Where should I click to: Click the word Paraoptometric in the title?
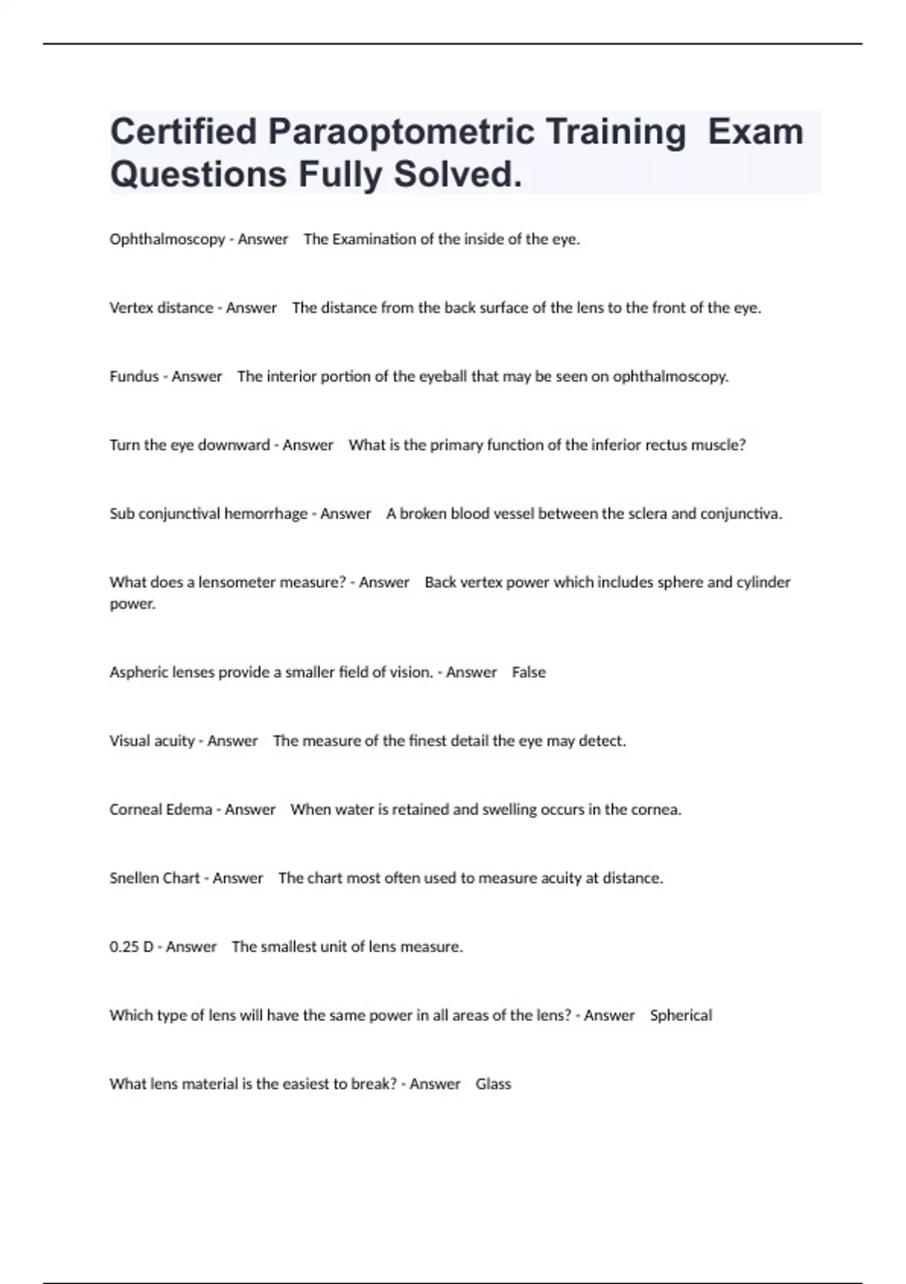click(401, 131)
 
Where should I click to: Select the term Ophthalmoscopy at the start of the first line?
click(167, 239)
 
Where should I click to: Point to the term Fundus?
click(134, 377)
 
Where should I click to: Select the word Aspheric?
click(136, 672)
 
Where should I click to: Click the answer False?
click(528, 672)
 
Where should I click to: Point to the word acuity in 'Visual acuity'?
click(174, 741)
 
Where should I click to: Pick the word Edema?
click(189, 810)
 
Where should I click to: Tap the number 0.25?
click(125, 947)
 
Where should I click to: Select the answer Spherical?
click(681, 1016)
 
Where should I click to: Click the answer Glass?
click(493, 1085)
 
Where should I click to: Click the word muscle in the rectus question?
click(723, 446)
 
